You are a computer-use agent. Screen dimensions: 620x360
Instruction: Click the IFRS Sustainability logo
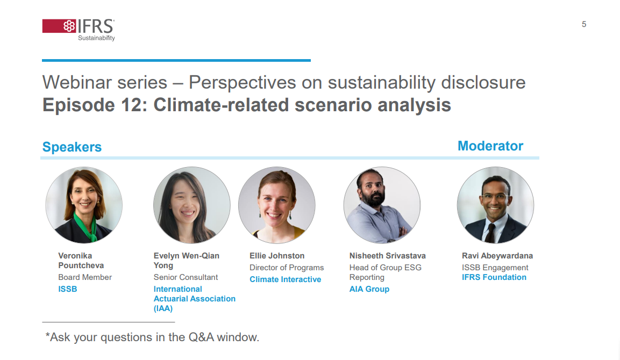[79, 30]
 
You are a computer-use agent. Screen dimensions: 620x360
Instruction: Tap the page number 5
[583, 25]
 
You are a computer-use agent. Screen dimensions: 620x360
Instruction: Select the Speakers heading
[72, 147]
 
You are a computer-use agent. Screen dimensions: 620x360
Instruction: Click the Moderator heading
[490, 146]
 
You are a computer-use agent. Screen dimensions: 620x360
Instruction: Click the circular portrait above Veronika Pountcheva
[84, 205]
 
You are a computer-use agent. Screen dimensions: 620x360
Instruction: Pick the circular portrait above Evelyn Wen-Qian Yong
[192, 205]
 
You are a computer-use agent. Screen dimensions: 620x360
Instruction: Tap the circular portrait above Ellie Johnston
[277, 205]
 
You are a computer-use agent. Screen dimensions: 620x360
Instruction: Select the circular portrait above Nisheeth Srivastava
[382, 205]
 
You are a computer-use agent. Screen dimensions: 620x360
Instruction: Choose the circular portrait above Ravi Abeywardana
[495, 205]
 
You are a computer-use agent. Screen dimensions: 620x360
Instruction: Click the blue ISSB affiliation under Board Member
[68, 289]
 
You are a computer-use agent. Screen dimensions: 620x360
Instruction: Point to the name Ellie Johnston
[277, 256]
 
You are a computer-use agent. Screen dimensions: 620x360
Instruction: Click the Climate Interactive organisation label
[285, 279]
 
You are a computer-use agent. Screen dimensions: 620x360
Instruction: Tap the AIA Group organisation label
[369, 289]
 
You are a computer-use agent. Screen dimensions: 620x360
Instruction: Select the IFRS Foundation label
[494, 277]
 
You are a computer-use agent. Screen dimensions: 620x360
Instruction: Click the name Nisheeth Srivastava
[388, 256]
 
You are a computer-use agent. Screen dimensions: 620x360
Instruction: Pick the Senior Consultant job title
[186, 277]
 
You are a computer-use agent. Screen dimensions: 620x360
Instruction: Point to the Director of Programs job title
[287, 268]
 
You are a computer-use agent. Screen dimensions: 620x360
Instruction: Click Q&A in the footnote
[201, 337]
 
